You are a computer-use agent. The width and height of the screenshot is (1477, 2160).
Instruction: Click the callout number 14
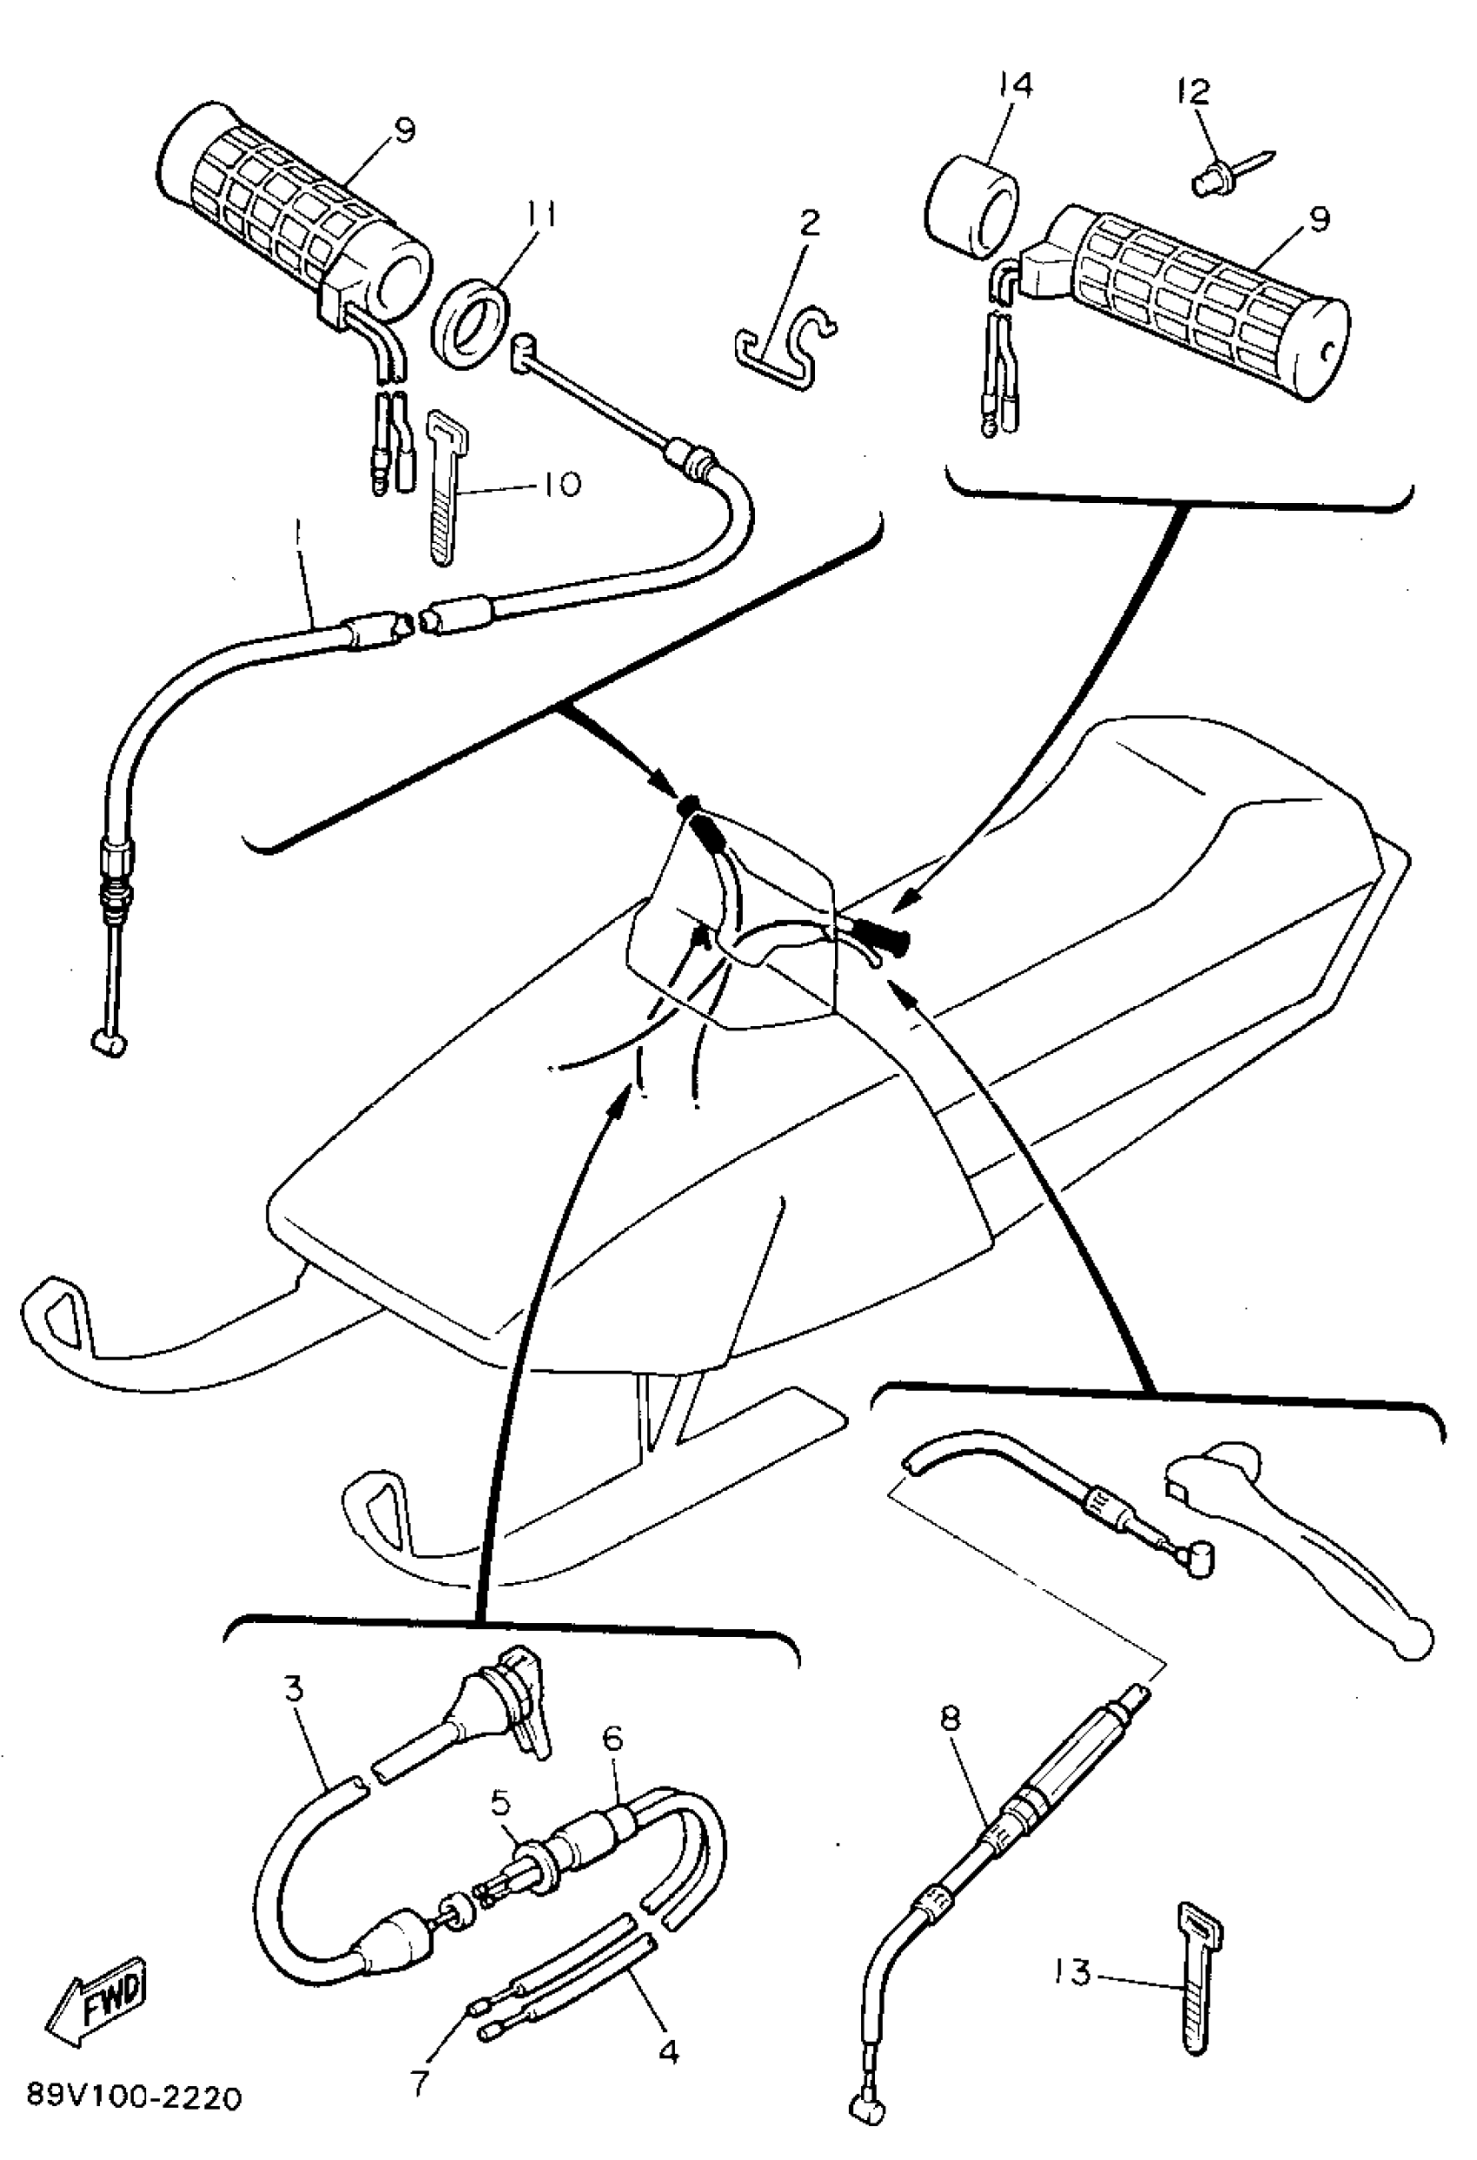click(1016, 86)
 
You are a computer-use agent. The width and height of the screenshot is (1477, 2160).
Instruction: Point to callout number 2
click(809, 223)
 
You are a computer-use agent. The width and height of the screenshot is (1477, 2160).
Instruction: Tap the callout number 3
click(294, 1689)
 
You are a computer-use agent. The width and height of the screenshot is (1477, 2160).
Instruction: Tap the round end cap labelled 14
click(970, 206)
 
